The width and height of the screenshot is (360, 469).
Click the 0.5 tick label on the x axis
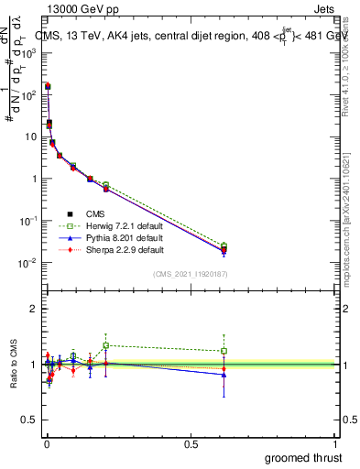(x=191, y=443)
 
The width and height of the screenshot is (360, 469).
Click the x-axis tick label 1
(x=337, y=443)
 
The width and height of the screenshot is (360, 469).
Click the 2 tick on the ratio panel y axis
(x=35, y=309)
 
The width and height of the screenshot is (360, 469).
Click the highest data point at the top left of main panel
(x=48, y=86)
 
